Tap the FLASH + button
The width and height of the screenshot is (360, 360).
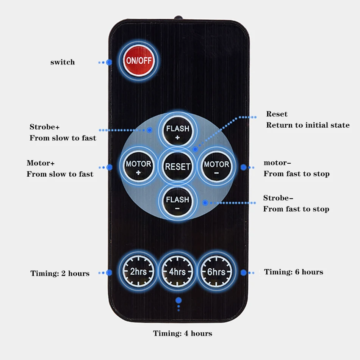(x=177, y=131)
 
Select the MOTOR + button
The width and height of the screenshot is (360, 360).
(x=138, y=167)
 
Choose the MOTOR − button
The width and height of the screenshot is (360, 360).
(x=216, y=167)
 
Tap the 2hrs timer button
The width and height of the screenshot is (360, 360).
(x=138, y=271)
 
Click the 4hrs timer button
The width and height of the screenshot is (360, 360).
(x=177, y=272)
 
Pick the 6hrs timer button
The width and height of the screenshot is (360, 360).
(x=216, y=272)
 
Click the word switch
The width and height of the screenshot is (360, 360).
(x=63, y=62)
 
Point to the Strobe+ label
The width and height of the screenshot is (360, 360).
(x=45, y=127)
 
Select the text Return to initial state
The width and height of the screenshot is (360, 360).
(x=308, y=125)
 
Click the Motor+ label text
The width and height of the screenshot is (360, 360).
(x=41, y=163)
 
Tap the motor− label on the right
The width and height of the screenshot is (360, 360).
(x=277, y=163)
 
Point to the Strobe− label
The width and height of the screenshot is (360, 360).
(x=278, y=198)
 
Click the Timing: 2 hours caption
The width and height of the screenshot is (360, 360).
(x=60, y=273)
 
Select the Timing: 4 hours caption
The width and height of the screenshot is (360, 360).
(x=183, y=333)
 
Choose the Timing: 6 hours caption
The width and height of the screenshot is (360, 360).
(x=294, y=272)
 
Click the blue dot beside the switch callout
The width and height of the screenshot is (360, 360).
(x=109, y=62)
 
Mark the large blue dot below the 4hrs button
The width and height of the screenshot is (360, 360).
(x=178, y=300)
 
